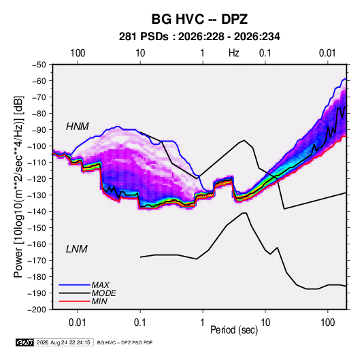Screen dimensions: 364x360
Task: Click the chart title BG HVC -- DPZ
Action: pyautogui.click(x=199, y=19)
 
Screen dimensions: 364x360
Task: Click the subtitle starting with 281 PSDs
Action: pyautogui.click(x=199, y=37)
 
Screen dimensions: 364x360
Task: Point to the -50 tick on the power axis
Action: pyautogui.click(x=39, y=65)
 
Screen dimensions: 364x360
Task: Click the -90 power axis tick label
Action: pyautogui.click(x=39, y=130)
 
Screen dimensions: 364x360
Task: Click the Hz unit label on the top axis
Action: pyautogui.click(x=234, y=53)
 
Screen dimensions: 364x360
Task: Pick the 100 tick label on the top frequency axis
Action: pyautogui.click(x=78, y=53)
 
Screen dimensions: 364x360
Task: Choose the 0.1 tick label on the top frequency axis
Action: pyautogui.click(x=265, y=53)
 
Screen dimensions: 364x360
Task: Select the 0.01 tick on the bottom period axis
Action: pyautogui.click(x=78, y=323)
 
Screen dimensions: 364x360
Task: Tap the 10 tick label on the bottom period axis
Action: pyautogui.click(x=265, y=323)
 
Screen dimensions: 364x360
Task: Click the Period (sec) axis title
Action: pyautogui.click(x=234, y=330)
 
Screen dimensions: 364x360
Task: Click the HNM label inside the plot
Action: pyautogui.click(x=78, y=127)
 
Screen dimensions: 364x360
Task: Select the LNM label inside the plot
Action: pyautogui.click(x=77, y=249)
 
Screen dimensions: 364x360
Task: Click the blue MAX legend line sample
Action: pyautogui.click(x=74, y=284)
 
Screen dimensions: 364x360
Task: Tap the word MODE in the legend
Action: pyautogui.click(x=104, y=293)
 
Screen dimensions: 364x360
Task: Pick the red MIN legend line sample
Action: pyautogui.click(x=74, y=301)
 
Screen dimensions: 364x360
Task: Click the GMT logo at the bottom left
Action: pyautogui.click(x=25, y=342)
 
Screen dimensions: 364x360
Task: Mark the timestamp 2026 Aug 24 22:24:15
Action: pyautogui.click(x=63, y=342)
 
